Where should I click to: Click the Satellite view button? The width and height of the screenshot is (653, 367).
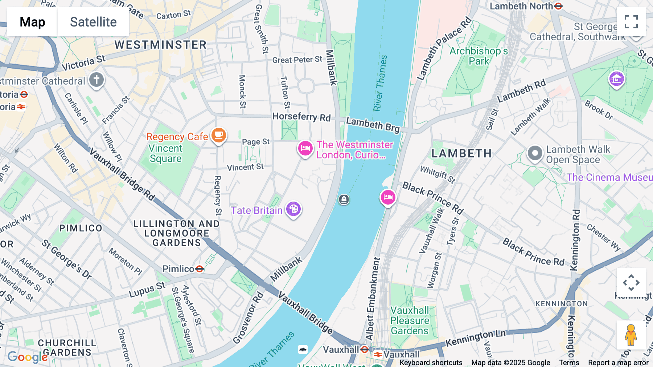tap(93, 22)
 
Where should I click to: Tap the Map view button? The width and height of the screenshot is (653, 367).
tap(32, 22)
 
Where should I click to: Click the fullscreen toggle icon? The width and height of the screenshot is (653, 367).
tap(631, 22)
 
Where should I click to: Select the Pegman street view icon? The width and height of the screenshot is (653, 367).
tap(631, 335)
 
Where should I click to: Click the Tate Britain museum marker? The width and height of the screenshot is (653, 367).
tap(293, 209)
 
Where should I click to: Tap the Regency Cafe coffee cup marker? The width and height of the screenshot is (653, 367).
tap(218, 136)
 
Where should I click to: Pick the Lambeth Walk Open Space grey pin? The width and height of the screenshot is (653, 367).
tap(535, 153)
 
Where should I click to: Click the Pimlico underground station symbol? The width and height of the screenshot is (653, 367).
tap(199, 269)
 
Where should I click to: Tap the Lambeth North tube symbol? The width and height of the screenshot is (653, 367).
tap(558, 6)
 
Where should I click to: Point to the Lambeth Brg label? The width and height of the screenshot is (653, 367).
tap(373, 125)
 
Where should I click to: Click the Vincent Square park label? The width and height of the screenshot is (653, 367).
tap(165, 153)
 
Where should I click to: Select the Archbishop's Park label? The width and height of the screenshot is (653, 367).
tap(479, 56)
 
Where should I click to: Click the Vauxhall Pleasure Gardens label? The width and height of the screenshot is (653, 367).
tap(410, 320)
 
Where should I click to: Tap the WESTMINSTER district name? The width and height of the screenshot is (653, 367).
tap(161, 45)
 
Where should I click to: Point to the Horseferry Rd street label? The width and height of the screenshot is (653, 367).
tap(301, 117)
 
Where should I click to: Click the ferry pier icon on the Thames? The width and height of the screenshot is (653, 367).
tap(344, 199)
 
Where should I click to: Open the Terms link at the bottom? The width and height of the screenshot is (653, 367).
tap(569, 362)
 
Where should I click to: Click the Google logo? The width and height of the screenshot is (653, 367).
tap(28, 357)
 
